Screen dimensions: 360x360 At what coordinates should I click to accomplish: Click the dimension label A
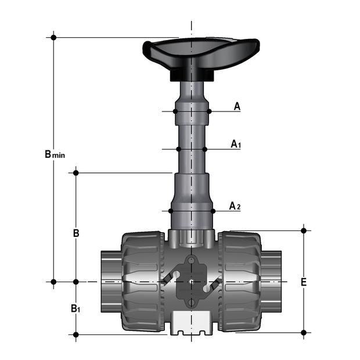coord(237,106)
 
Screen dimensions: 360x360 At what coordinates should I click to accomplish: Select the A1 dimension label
coord(235,143)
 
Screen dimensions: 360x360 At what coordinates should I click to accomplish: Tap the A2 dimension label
coord(234,206)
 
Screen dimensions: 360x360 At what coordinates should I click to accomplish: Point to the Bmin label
coord(55,154)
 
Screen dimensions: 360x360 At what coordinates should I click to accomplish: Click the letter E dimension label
coord(303,282)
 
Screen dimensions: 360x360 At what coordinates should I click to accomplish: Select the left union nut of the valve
coord(142,282)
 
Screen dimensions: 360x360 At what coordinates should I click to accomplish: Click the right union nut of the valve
coord(240,282)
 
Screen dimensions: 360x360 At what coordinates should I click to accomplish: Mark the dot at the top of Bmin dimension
coord(53,37)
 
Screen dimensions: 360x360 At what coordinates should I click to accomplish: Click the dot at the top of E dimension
coord(304,231)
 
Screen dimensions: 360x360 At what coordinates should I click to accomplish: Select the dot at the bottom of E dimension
coord(304,333)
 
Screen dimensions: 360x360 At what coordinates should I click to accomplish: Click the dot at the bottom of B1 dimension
coord(75,334)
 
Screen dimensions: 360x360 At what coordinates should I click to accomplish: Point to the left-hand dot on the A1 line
coord(179,149)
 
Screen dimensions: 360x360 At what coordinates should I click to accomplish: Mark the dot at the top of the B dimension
coord(75,172)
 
